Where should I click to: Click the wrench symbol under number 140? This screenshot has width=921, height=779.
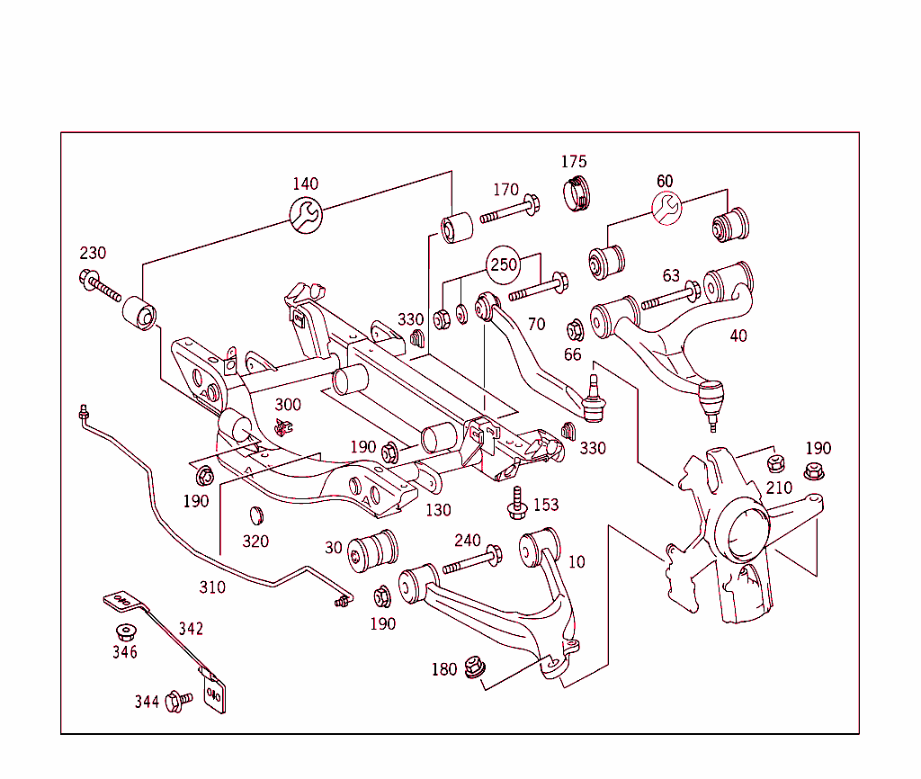[x=306, y=214]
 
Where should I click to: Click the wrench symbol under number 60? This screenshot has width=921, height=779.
[x=666, y=210]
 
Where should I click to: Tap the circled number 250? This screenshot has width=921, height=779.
[x=503, y=265]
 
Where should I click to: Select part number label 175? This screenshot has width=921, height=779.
[x=574, y=162]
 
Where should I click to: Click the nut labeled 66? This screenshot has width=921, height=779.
[x=576, y=329]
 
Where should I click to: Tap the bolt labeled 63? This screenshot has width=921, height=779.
[x=671, y=297]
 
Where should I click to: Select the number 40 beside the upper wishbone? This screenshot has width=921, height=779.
[x=738, y=336]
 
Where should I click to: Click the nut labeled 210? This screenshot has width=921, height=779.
[x=775, y=464]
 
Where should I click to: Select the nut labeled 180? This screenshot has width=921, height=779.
[x=473, y=668]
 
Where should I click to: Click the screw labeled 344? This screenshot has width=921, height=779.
[x=179, y=700]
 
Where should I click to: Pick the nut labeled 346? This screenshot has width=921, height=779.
[x=125, y=631]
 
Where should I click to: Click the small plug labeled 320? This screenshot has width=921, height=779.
[x=255, y=515]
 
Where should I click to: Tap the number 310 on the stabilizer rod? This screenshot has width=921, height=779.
[x=212, y=587]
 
